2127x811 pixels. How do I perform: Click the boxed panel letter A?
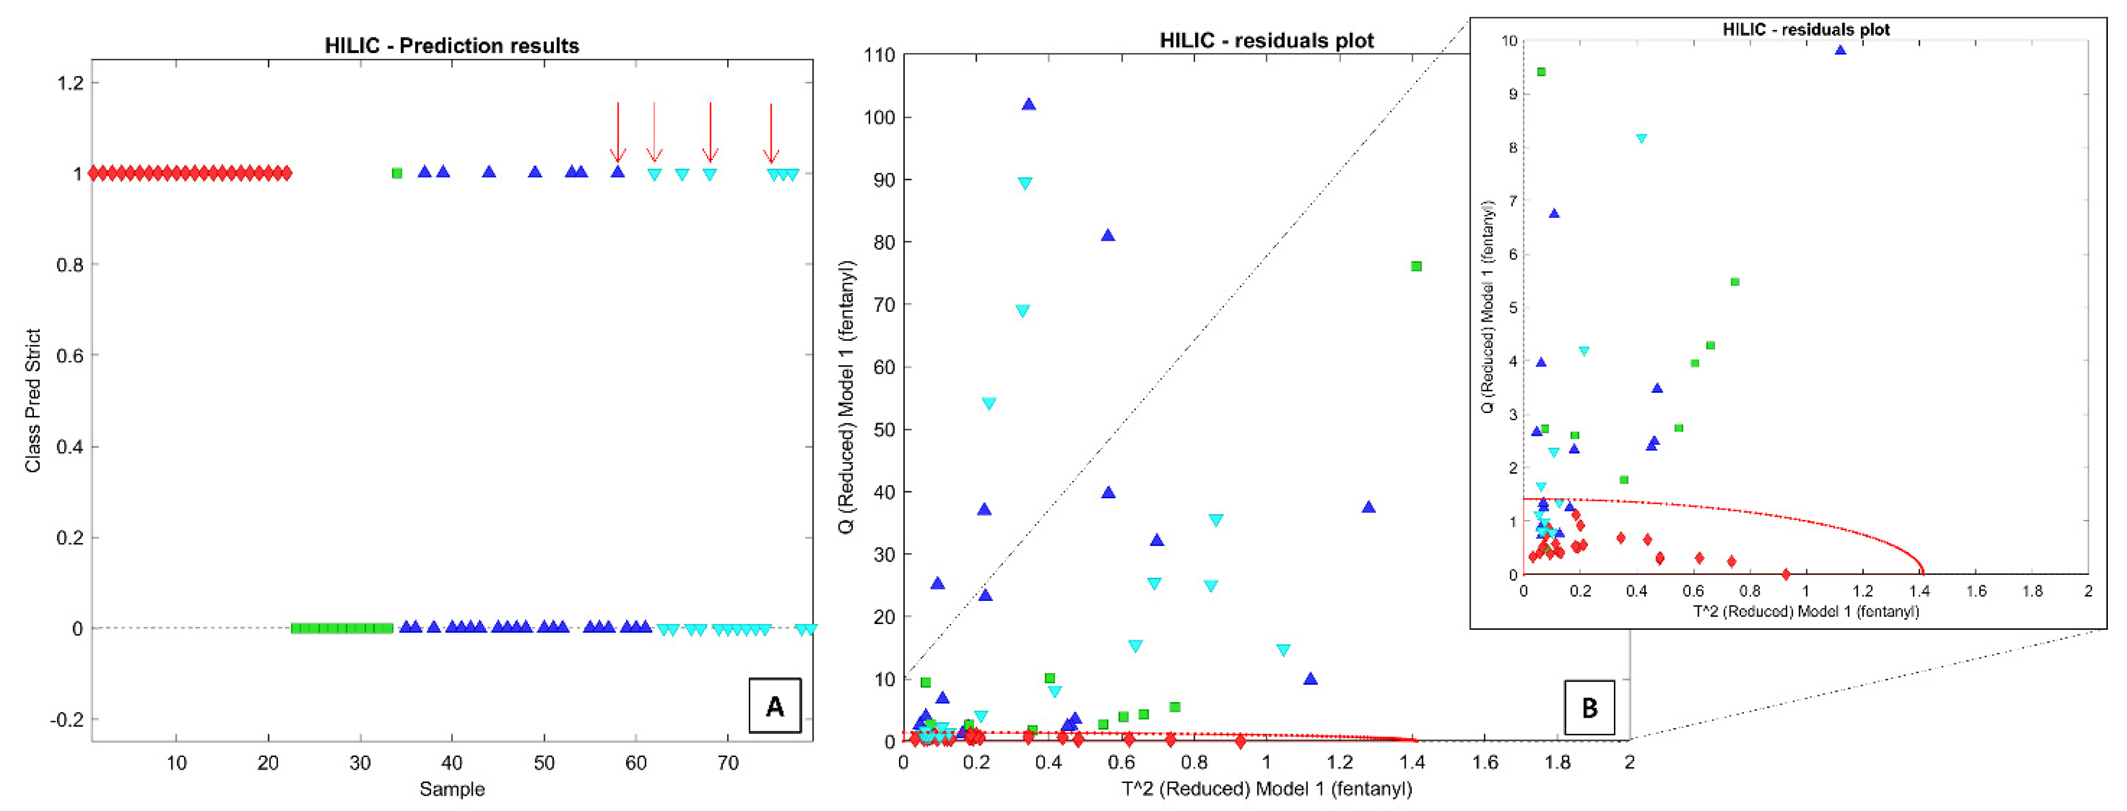click(x=774, y=706)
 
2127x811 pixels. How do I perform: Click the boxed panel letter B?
click(x=1589, y=708)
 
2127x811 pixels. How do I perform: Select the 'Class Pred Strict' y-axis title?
click(x=33, y=401)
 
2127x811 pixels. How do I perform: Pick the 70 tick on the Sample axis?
click(x=728, y=763)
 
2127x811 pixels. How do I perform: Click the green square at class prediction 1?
click(x=397, y=173)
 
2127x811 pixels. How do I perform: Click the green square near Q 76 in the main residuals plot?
click(x=1416, y=266)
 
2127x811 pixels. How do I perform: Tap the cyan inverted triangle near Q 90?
click(x=1025, y=183)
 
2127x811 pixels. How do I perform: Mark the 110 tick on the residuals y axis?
click(x=879, y=55)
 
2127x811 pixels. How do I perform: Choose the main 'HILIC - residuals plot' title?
click(x=1267, y=40)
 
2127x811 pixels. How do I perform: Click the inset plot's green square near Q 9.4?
click(x=1541, y=72)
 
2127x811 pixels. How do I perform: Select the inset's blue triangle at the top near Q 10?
click(x=1840, y=51)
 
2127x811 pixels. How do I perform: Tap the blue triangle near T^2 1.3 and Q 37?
click(x=1368, y=507)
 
